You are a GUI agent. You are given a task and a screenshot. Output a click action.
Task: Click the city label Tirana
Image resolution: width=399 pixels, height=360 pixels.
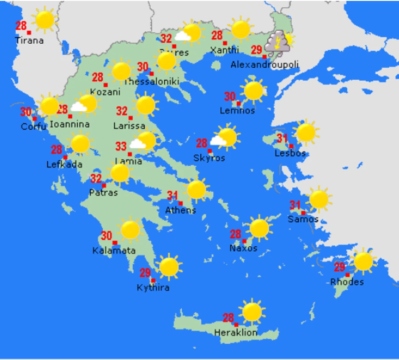pyautogui.click(x=29, y=41)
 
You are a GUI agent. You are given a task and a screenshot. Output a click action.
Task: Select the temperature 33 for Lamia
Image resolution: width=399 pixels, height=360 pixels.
pyautogui.click(x=121, y=147)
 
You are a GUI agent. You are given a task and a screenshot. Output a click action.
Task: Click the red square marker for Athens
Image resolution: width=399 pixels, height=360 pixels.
pyautogui.click(x=180, y=203)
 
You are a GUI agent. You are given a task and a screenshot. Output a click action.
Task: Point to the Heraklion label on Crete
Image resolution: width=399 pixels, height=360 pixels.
pyautogui.click(x=236, y=332)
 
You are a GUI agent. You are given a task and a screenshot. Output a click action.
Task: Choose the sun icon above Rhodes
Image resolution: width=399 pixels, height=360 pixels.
pyautogui.click(x=363, y=262)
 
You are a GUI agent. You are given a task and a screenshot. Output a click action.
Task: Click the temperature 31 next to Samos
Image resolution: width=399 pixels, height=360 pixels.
pyautogui.click(x=295, y=206)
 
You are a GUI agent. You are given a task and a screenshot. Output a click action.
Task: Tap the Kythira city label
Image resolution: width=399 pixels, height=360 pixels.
pyautogui.click(x=153, y=287)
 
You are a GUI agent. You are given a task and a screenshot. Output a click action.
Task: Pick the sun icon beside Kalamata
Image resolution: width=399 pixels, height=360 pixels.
pyautogui.click(x=130, y=229)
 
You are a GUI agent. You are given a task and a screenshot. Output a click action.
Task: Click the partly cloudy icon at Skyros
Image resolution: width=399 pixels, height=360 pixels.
pyautogui.click(x=224, y=138)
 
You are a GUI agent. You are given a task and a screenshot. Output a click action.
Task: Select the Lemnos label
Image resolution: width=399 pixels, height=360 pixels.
pyautogui.click(x=237, y=111)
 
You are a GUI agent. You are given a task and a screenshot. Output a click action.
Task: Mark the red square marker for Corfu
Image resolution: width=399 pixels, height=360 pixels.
pyautogui.click(x=35, y=119)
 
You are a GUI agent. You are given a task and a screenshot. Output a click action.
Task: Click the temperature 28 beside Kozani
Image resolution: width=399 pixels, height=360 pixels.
pyautogui.click(x=98, y=78)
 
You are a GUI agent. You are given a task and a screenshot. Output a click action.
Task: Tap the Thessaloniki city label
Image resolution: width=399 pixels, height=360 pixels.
pyautogui.click(x=152, y=81)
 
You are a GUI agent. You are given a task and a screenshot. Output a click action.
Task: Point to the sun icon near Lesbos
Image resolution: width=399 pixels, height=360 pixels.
pyautogui.click(x=306, y=132)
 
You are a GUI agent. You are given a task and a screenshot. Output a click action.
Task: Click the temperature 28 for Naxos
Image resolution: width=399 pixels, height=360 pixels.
pyautogui.click(x=235, y=234)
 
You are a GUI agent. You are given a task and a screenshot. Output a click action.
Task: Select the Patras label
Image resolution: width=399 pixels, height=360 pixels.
pyautogui.click(x=103, y=193)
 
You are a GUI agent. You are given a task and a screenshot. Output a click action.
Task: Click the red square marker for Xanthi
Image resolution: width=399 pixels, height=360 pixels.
pyautogui.click(x=225, y=43)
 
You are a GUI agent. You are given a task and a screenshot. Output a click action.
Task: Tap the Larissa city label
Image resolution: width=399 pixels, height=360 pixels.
pyautogui.click(x=129, y=126)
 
